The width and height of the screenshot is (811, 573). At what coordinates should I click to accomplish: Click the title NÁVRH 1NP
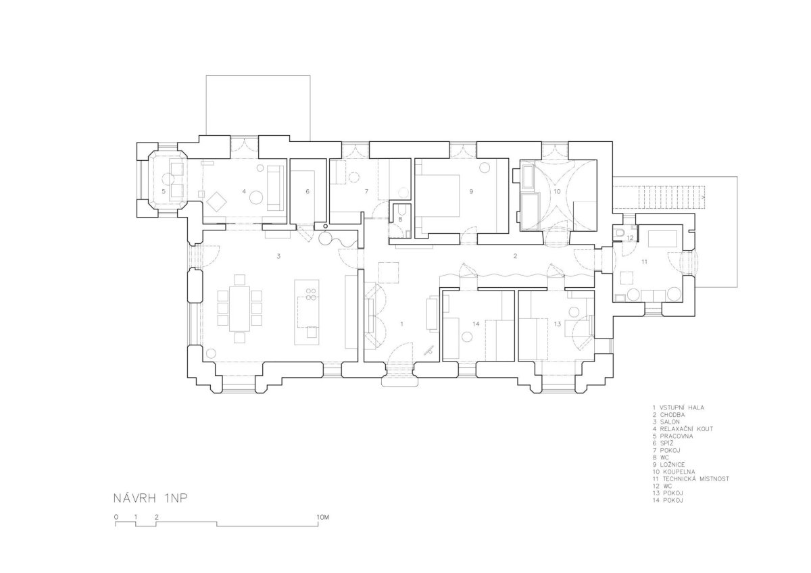pos(151,499)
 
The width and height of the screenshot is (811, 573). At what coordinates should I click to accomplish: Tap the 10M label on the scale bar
pos(322,518)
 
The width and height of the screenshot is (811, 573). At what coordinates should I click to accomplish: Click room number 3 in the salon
pos(278,256)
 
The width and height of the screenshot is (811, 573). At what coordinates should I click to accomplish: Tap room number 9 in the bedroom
pos(471,191)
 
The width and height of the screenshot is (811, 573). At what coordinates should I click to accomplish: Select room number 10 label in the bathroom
pos(557,191)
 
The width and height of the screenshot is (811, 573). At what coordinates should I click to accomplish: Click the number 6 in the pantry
pos(308,191)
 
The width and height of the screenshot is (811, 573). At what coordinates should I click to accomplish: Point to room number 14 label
pos(476,324)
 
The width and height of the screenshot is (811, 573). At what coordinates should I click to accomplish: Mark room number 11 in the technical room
pos(644,261)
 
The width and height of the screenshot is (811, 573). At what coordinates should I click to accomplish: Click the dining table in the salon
pos(240,308)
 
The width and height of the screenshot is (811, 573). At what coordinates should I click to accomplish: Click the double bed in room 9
pos(437,196)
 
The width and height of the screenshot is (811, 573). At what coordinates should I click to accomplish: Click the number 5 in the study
pos(164,191)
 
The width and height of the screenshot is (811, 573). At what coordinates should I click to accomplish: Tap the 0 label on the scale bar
pos(116,518)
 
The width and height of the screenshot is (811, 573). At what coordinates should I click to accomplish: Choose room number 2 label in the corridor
pos(515,256)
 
